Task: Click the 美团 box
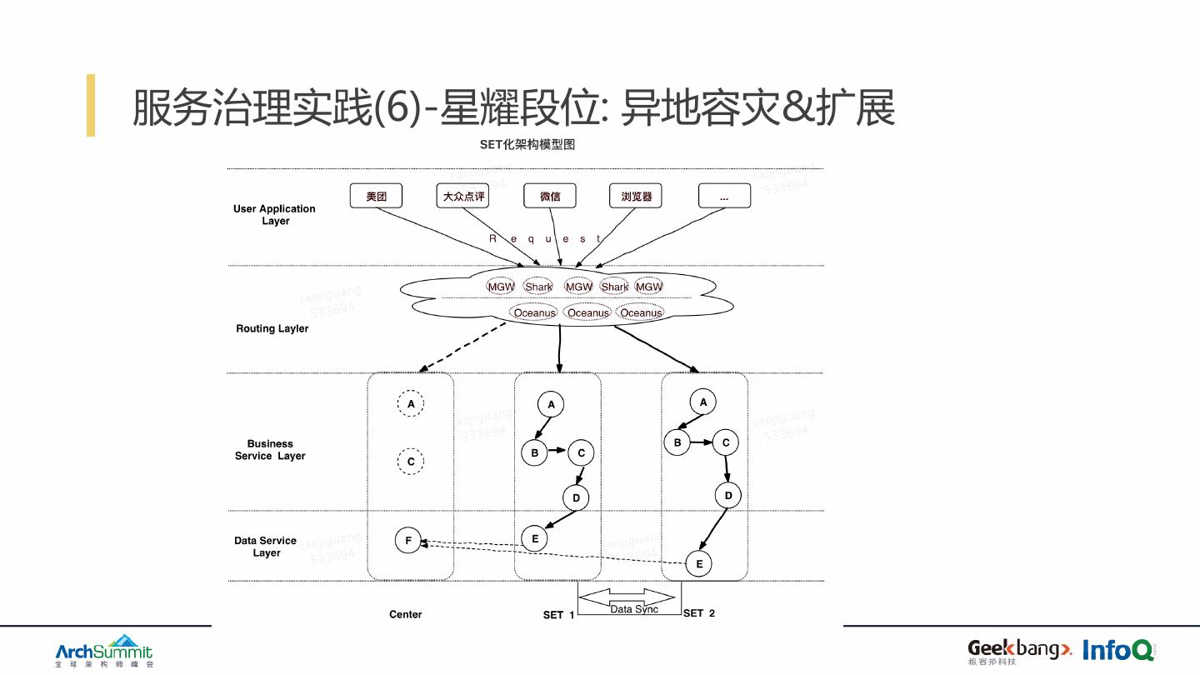[x=376, y=196]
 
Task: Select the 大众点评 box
[x=462, y=196]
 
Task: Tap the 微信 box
[x=550, y=196]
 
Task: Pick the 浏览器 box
[x=636, y=196]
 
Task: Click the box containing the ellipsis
[x=724, y=196]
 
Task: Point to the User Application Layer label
[x=274, y=215]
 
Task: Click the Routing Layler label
[x=272, y=328]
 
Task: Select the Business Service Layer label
[x=270, y=450]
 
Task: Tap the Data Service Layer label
[x=266, y=547]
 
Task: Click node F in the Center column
[x=408, y=540]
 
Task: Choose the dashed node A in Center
[x=411, y=404]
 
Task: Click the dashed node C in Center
[x=411, y=461]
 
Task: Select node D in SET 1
[x=576, y=498]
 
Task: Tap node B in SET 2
[x=677, y=442]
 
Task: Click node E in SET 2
[x=699, y=564]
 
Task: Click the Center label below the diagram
[x=406, y=614]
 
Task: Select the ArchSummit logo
[x=104, y=651]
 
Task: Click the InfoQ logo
[x=1118, y=650]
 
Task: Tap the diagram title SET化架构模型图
[x=527, y=144]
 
